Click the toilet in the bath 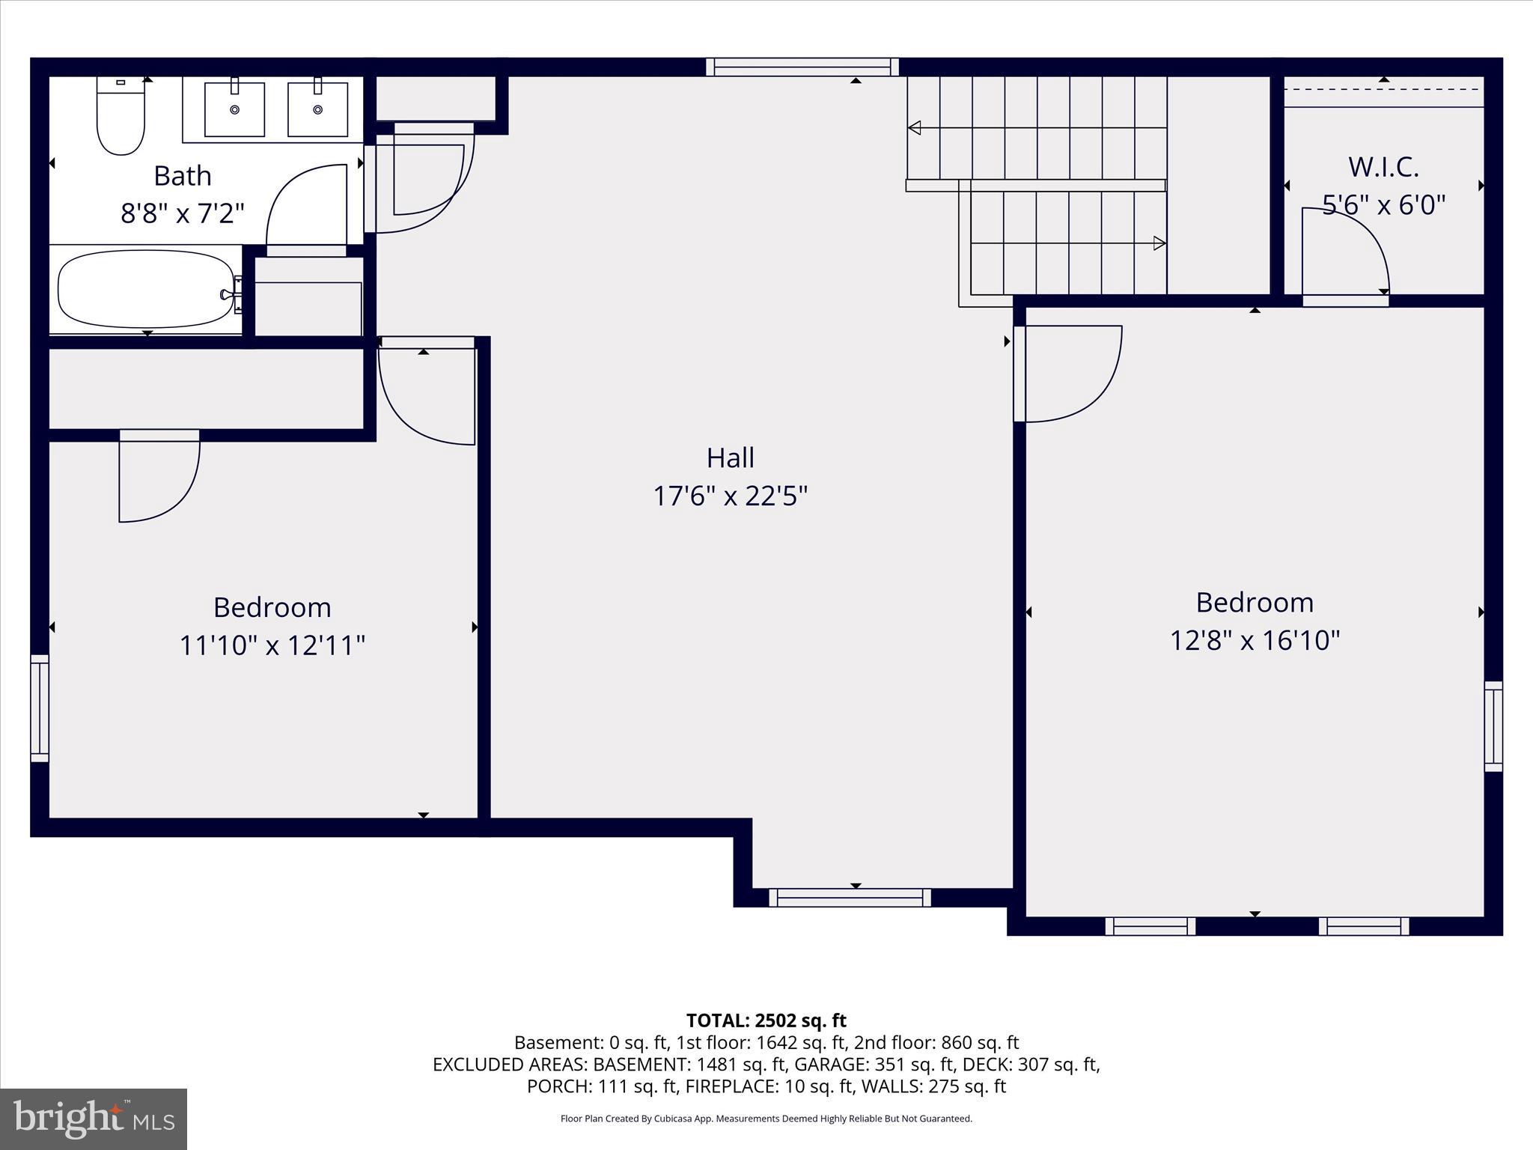click(121, 120)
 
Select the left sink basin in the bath click(234, 110)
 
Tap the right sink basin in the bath click(317, 110)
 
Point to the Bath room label click(183, 176)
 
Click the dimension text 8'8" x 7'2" click(183, 214)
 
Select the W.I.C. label click(1383, 167)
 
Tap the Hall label click(730, 457)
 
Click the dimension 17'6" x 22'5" click(730, 496)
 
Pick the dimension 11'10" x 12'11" click(272, 645)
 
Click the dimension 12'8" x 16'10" click(1255, 641)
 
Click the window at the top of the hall click(802, 67)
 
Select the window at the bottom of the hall click(850, 898)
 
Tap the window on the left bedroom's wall click(40, 708)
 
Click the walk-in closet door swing click(1347, 251)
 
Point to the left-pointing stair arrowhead click(914, 128)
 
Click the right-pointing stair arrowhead click(1159, 243)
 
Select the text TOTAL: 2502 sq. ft click(766, 1020)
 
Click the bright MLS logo click(94, 1119)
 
